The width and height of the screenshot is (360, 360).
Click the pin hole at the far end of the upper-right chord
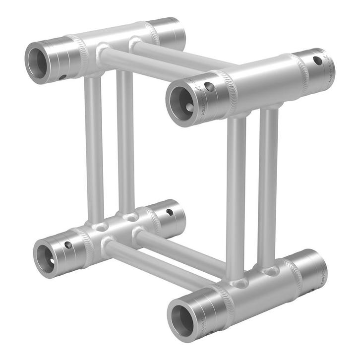pyautogui.click(x=317, y=60)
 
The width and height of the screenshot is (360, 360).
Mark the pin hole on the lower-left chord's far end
pyautogui.click(x=170, y=212)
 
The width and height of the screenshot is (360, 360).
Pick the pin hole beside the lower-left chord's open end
pyautogui.click(x=68, y=244)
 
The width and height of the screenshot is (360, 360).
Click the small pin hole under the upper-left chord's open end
pyautogui.click(x=62, y=77)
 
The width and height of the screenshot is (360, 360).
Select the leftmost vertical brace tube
pyautogui.click(x=93, y=149)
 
